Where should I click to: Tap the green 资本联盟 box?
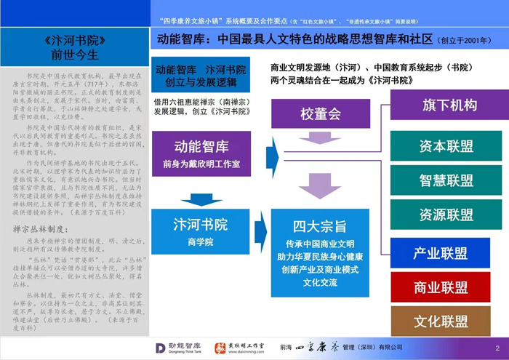tap(446, 146)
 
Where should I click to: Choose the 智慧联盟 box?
tap(446, 180)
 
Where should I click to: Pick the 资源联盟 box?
tap(446, 215)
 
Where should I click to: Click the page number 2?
tap(497, 348)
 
